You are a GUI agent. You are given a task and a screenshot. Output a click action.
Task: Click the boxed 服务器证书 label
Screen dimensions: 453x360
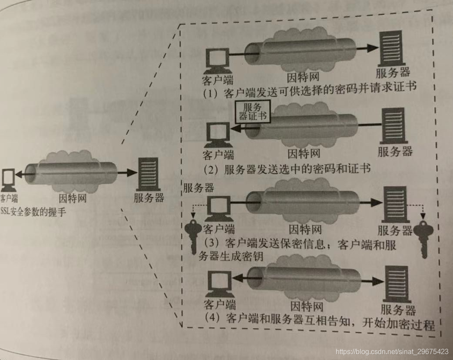[251, 111]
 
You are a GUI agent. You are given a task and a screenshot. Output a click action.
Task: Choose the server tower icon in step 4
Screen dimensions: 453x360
[397, 284]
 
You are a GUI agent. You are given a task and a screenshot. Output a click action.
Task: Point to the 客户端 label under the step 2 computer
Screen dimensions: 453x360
[218, 154]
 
